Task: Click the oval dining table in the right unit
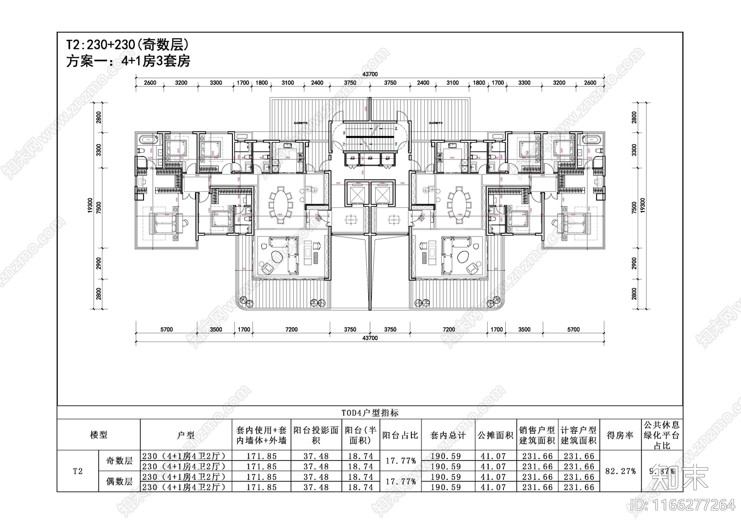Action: coord(458,202)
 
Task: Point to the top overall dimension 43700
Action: coord(370,74)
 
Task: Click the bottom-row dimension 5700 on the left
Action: coord(166,330)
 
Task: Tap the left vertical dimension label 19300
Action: coord(90,206)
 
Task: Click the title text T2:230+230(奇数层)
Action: coord(127,45)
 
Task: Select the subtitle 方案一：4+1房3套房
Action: coord(128,61)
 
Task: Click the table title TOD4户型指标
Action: coord(370,413)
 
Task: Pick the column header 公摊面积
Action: coord(495,435)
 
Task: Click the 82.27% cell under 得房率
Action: coord(620,471)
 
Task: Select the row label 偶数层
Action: coord(119,481)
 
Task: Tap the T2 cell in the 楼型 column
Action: coord(78,471)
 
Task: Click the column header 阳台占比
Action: coord(400,435)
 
